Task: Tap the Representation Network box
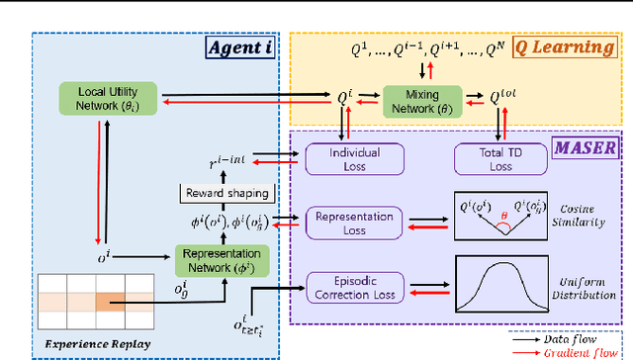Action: coord(225,259)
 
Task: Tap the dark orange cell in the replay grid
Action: coord(109,303)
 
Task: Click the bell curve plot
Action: coord(501,285)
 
